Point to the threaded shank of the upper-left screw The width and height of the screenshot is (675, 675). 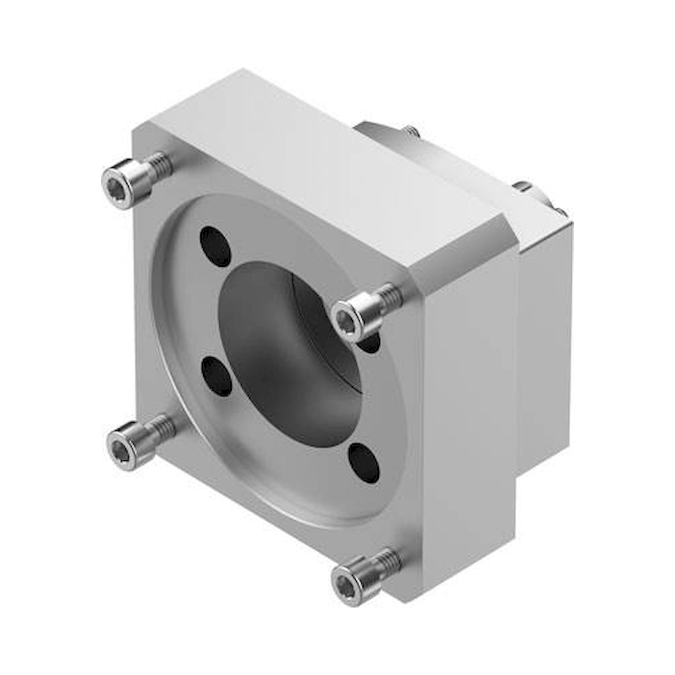point(161,164)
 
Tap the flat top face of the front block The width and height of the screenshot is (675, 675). point(315,150)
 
